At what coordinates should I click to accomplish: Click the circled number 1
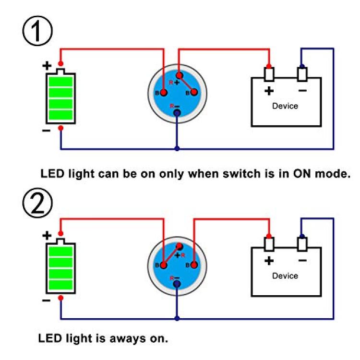(x=37, y=31)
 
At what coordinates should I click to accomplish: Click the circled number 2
(x=37, y=203)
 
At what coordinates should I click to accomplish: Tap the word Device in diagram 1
(x=285, y=106)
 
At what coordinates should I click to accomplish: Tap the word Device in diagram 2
(x=285, y=276)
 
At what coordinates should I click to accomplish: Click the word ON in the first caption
(x=302, y=174)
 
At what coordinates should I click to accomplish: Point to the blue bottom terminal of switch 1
(x=177, y=113)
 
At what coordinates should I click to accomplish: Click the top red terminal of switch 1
(x=180, y=75)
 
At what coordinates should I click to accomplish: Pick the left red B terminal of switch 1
(x=164, y=93)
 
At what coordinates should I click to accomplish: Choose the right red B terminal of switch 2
(x=194, y=265)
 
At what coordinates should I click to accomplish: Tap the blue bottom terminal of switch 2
(x=177, y=284)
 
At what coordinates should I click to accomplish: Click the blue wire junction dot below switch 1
(x=177, y=148)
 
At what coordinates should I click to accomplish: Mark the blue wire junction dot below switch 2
(x=177, y=318)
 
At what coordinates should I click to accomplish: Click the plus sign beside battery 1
(x=47, y=66)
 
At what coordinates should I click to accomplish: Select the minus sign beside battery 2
(x=46, y=300)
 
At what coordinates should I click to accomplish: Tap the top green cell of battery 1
(x=61, y=82)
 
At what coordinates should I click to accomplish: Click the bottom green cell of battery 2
(x=61, y=285)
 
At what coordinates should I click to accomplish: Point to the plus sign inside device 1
(x=269, y=91)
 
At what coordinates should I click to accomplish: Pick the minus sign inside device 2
(x=302, y=260)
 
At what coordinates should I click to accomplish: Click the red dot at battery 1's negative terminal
(x=60, y=128)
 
